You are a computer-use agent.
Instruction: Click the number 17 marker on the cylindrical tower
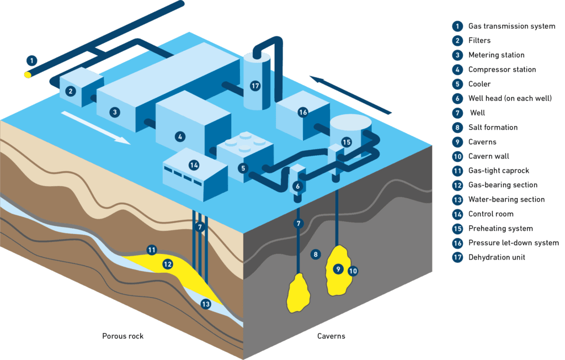[x=254, y=86]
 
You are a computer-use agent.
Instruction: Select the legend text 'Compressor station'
[x=502, y=70]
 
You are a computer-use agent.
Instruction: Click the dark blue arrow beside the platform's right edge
[x=350, y=94]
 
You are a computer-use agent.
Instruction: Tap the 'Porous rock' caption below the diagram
[x=122, y=336]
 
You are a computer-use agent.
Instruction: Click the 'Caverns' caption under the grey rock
[x=331, y=336]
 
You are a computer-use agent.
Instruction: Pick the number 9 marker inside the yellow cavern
[x=338, y=269]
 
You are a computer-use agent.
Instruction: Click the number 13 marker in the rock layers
[x=206, y=304]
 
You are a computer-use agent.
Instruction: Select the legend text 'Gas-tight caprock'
[x=498, y=171]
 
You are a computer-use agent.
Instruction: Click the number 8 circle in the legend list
[x=457, y=128]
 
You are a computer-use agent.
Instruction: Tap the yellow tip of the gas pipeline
[x=28, y=74]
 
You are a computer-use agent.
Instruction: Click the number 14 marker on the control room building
[x=193, y=165]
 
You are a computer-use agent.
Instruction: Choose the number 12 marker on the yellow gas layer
[x=168, y=264]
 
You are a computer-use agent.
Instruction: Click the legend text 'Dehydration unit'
[x=496, y=257]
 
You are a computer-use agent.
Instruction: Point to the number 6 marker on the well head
[x=297, y=187]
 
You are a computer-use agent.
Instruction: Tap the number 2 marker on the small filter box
[x=70, y=91]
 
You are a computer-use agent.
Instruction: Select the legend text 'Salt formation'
[x=493, y=128]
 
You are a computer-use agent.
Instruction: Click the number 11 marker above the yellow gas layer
[x=152, y=250]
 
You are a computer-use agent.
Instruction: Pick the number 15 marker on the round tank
[x=346, y=142]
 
